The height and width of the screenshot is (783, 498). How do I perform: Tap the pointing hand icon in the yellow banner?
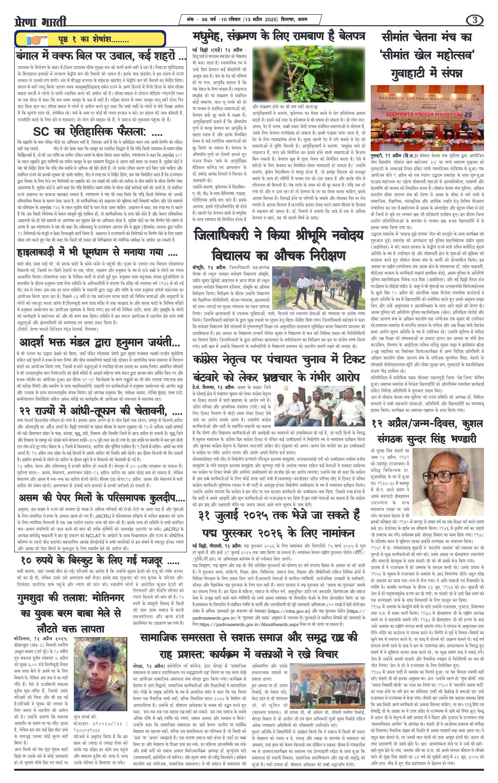36,40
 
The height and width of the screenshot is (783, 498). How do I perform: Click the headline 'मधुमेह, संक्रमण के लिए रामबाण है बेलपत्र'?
279,35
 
